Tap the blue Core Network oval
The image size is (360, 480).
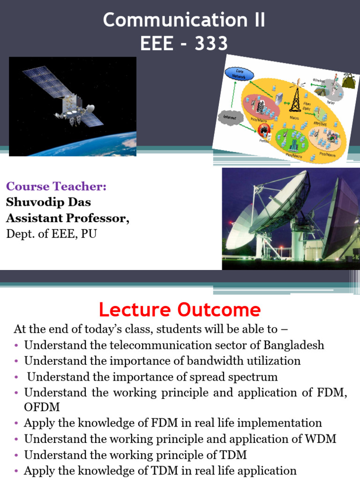(x=240, y=74)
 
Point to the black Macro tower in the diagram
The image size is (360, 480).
(x=295, y=98)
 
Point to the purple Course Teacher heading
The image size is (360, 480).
(x=56, y=186)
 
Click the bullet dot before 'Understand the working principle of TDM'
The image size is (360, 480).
(x=17, y=455)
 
